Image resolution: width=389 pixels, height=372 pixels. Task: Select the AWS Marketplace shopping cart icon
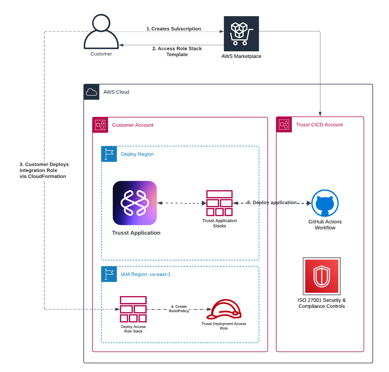click(241, 34)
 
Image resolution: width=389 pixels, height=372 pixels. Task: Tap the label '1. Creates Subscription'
click(174, 29)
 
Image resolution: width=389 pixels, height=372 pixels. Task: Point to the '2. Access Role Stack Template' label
click(177, 52)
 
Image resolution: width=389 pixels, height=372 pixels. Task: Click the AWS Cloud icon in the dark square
click(92, 92)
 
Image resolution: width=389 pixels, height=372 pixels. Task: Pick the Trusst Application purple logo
click(135, 203)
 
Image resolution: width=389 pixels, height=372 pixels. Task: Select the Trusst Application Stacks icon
click(219, 203)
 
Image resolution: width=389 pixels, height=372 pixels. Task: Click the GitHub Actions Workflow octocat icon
click(325, 203)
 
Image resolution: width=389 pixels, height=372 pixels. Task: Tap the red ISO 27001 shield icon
click(322, 276)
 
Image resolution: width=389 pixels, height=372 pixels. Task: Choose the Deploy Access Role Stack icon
click(133, 309)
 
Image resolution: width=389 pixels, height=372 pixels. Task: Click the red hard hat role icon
click(224, 309)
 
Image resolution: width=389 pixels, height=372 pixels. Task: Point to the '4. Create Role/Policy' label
click(179, 309)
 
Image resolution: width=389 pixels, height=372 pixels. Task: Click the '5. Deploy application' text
click(272, 202)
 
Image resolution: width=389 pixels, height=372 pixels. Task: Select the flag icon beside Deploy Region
click(109, 154)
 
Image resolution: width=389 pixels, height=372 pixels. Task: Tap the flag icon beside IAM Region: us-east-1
click(109, 274)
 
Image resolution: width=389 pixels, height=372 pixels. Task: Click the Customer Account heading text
click(133, 125)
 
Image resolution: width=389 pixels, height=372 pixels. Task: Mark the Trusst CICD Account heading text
click(319, 125)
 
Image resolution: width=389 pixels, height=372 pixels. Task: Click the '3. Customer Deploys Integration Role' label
click(44, 170)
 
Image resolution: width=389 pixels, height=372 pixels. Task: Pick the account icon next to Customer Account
click(100, 125)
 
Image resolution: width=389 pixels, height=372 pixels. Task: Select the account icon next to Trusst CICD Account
click(284, 124)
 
